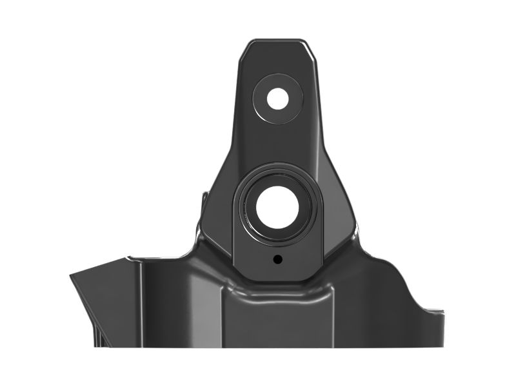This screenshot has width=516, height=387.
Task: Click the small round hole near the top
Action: click(x=278, y=99)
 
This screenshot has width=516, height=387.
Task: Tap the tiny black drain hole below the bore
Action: click(x=277, y=259)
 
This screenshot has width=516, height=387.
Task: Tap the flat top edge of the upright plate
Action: click(x=278, y=41)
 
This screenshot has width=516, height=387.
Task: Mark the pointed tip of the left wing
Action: click(x=72, y=277)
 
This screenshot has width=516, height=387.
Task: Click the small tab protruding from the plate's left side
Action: click(x=204, y=197)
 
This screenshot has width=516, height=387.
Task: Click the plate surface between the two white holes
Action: click(x=278, y=145)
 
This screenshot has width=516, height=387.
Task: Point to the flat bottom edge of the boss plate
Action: click(x=277, y=281)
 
